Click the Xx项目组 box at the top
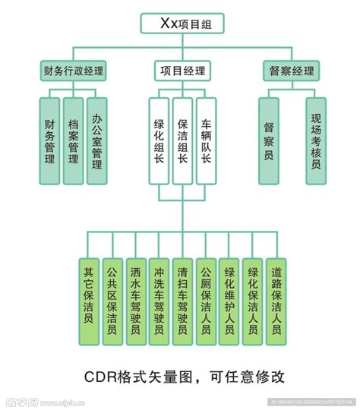tap(180, 23)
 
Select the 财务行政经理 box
tap(74, 72)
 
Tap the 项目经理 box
tap(182, 72)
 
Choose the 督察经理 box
tap(291, 72)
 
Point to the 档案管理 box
tap(73, 140)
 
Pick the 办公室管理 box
tap(96, 140)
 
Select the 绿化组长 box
tap(159, 140)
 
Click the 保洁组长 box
tap(182, 140)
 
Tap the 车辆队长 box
tap(206, 140)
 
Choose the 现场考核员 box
tap(316, 140)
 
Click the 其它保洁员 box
tap(88, 301)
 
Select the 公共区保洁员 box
tap(112, 301)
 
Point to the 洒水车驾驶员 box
tap(135, 301)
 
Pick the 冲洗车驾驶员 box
tap(158, 301)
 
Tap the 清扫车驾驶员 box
tap(182, 301)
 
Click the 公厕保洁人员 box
tap(205, 301)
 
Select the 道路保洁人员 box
tap(276, 301)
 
